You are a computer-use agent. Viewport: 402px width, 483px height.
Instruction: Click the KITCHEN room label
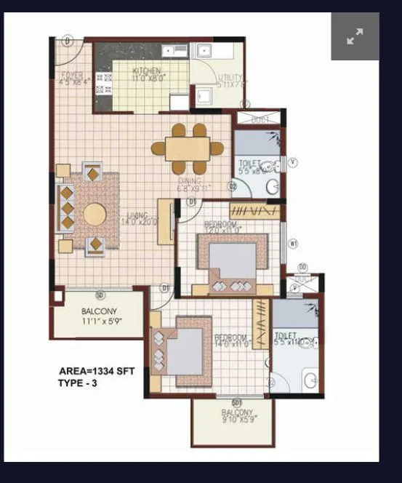(146, 71)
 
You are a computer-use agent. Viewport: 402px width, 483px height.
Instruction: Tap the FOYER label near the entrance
(71, 74)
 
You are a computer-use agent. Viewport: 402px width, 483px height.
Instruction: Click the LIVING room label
(137, 215)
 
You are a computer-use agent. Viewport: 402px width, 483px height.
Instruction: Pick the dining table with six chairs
(188, 148)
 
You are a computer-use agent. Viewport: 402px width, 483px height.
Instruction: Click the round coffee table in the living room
(94, 215)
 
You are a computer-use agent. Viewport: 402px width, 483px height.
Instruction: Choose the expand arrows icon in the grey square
(355, 37)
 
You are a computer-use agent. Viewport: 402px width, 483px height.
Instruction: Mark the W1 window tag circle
(294, 244)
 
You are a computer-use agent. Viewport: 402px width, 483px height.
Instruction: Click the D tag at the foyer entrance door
(66, 41)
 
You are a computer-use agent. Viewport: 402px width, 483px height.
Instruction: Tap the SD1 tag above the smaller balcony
(236, 402)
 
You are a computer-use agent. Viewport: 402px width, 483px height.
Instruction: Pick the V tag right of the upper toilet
(293, 162)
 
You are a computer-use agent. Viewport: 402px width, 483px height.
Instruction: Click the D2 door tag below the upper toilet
(233, 187)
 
